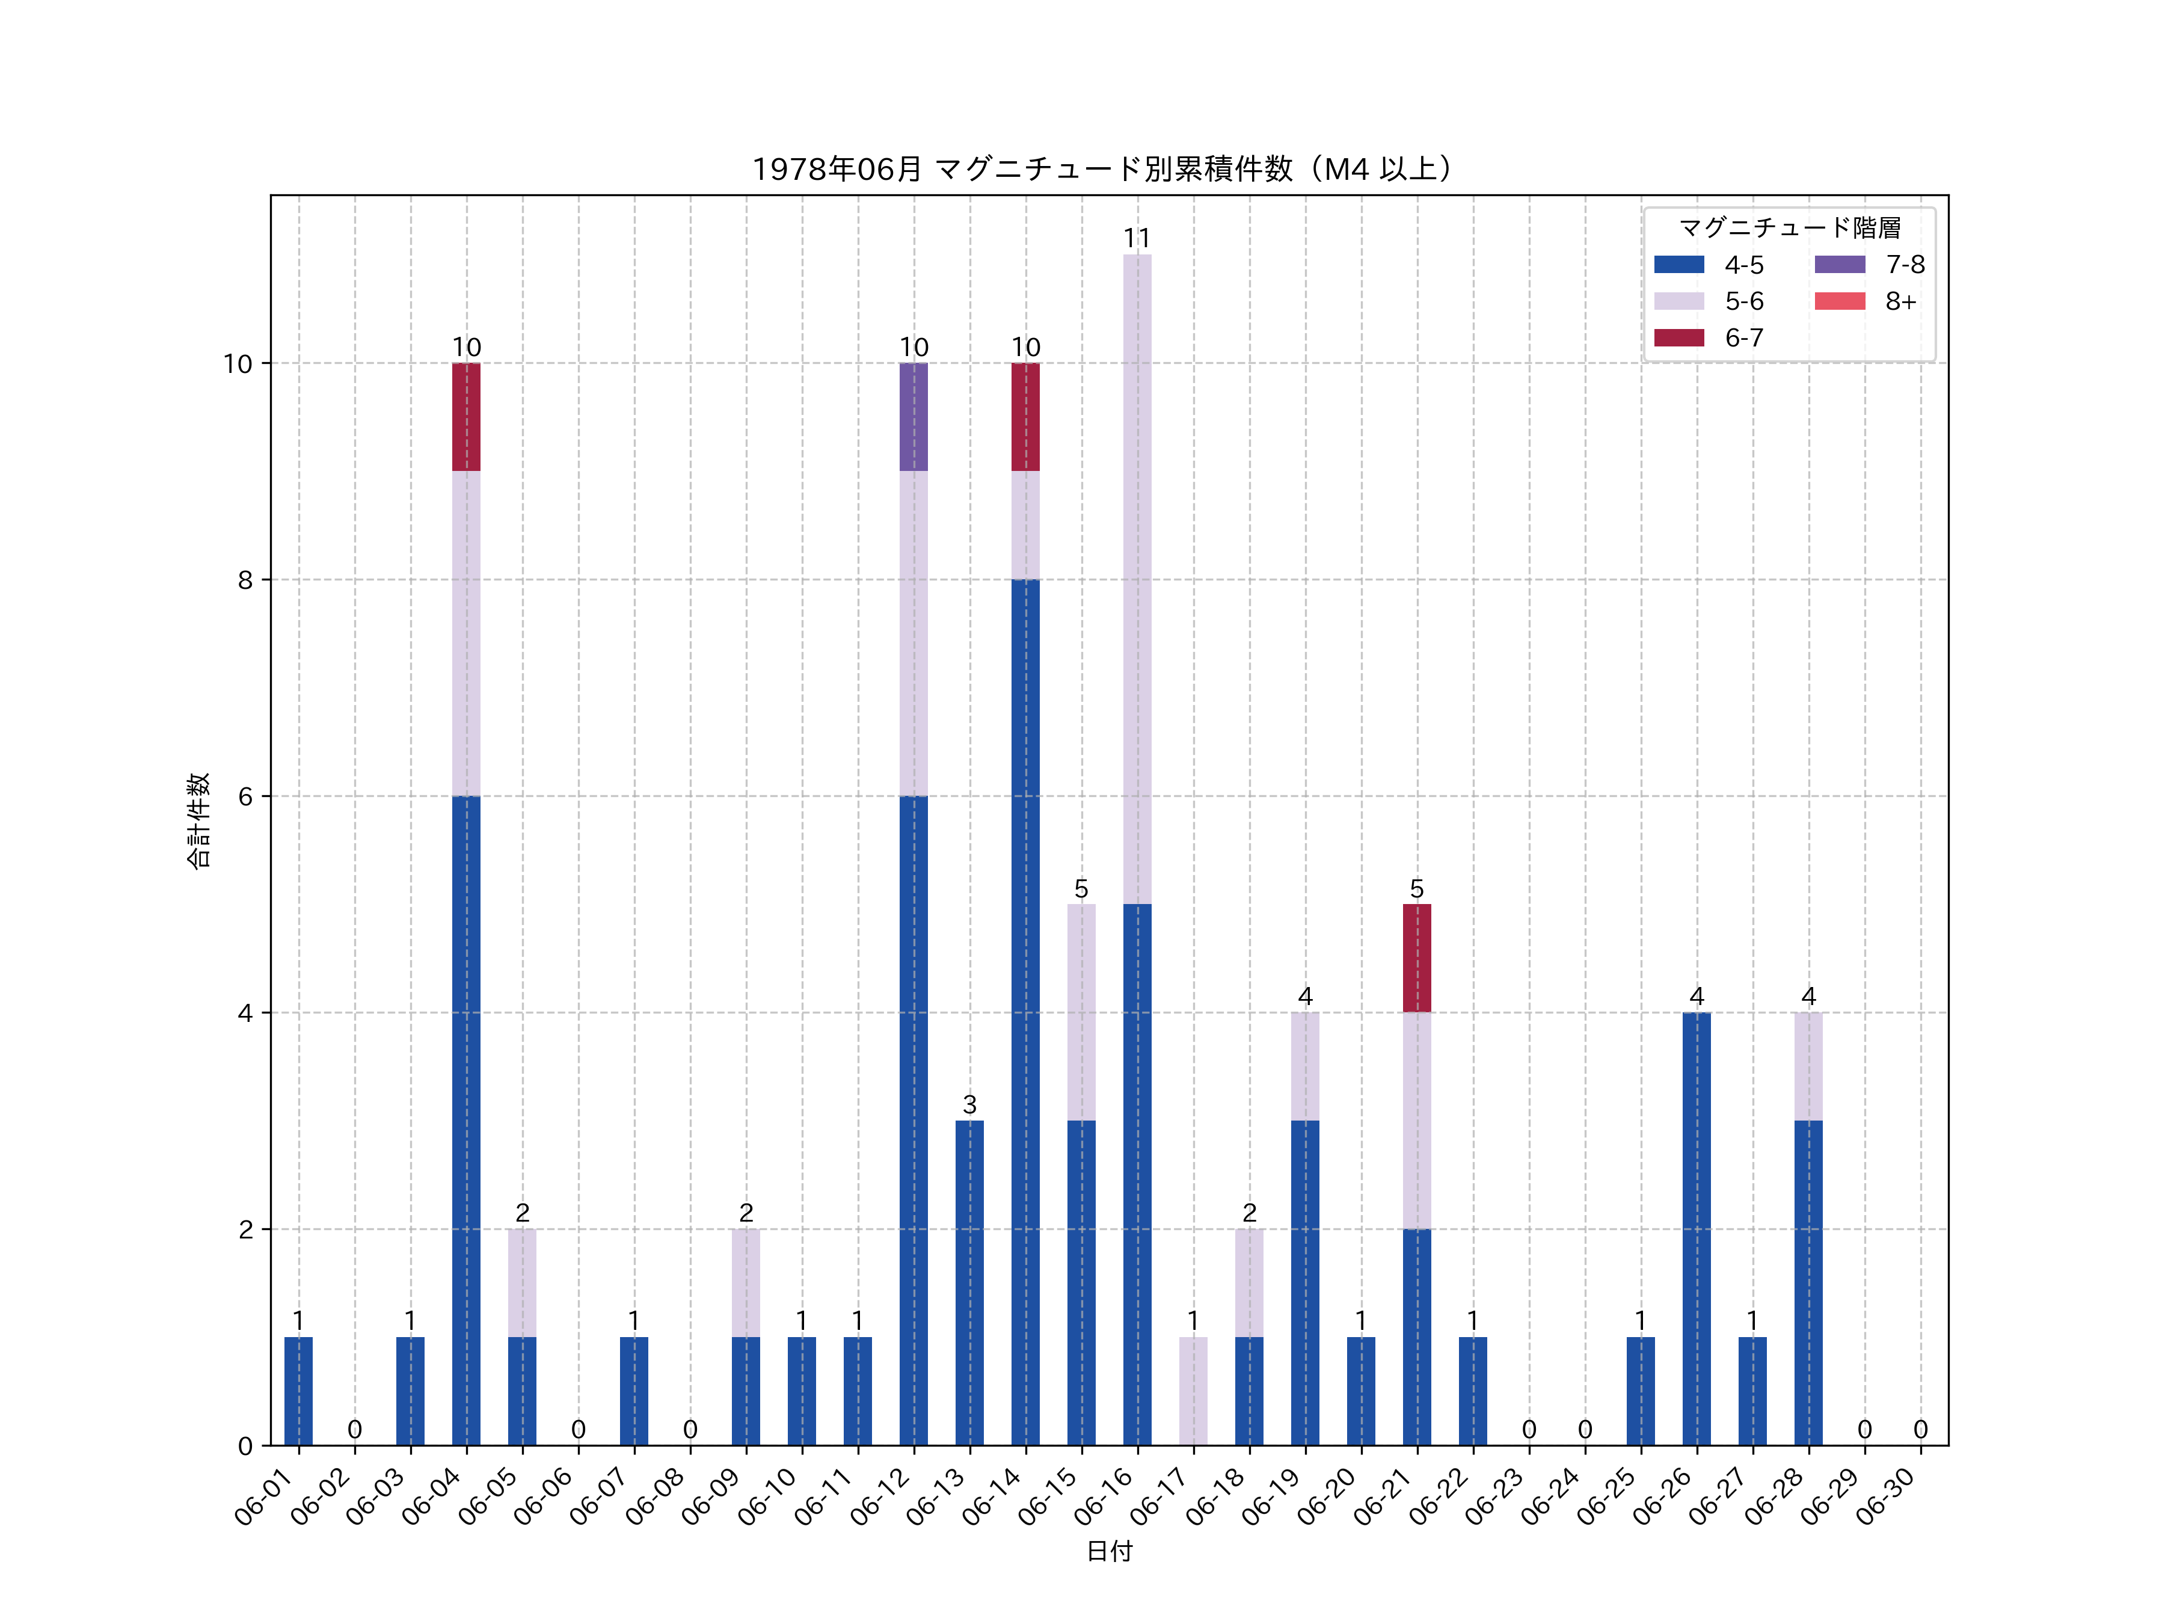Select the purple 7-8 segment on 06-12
(x=913, y=417)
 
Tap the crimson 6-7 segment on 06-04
(x=466, y=417)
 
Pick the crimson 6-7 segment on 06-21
(x=1416, y=958)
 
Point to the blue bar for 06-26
(x=1696, y=1228)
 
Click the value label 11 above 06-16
(x=1137, y=238)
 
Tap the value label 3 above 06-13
(x=969, y=1104)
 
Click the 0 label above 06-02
(x=354, y=1429)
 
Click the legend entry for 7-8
(x=1869, y=264)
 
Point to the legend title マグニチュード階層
(x=1789, y=228)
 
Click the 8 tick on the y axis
(x=245, y=579)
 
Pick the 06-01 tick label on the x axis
(x=264, y=1498)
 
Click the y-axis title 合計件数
(x=198, y=820)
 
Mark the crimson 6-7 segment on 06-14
(x=1025, y=417)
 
